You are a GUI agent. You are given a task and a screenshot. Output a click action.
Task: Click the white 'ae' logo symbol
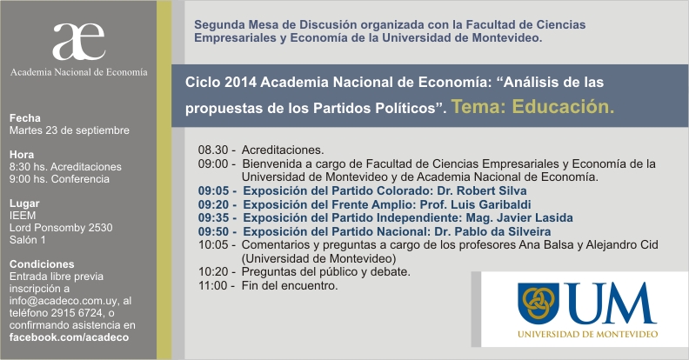(x=78, y=41)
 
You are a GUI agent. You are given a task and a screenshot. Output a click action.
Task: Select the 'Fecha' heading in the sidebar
(x=25, y=118)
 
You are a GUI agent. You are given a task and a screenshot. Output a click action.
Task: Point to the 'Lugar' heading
(x=24, y=203)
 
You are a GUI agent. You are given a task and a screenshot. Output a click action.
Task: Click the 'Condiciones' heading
(x=42, y=264)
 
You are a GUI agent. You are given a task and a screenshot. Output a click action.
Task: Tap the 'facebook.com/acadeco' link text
(x=69, y=337)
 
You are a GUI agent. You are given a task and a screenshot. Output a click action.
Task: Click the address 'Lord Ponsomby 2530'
(x=61, y=228)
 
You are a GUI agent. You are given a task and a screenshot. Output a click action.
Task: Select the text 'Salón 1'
(x=27, y=240)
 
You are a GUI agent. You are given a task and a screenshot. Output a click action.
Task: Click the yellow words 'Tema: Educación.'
(x=532, y=107)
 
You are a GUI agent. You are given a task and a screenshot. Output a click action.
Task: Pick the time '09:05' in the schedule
(x=213, y=191)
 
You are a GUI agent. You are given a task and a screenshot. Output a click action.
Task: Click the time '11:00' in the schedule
(x=213, y=286)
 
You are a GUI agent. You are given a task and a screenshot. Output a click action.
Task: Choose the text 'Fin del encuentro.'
(x=290, y=286)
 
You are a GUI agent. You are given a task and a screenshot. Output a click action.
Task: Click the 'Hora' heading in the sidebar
(x=22, y=155)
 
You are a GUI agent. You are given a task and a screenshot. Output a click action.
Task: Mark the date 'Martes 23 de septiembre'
(x=70, y=130)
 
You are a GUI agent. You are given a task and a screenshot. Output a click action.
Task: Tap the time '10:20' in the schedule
(x=213, y=272)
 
